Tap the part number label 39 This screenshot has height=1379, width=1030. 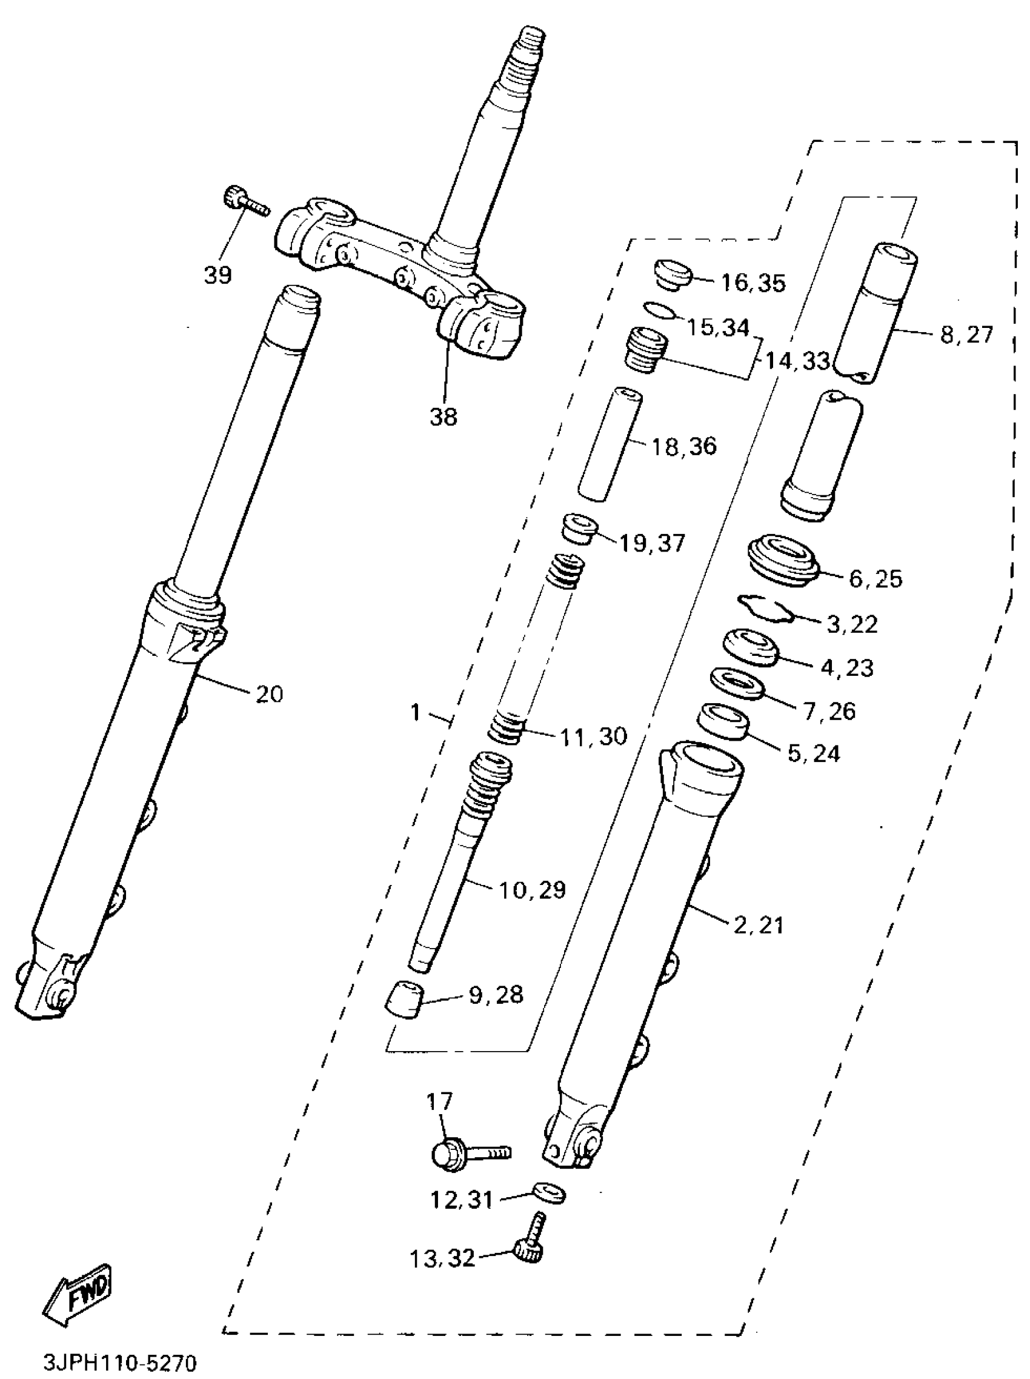218,275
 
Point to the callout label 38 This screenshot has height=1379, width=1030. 444,416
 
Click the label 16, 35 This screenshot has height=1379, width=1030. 753,283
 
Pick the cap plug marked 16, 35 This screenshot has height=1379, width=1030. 672,275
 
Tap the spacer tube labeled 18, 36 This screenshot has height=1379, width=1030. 610,444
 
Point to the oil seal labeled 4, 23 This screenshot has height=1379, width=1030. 749,647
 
